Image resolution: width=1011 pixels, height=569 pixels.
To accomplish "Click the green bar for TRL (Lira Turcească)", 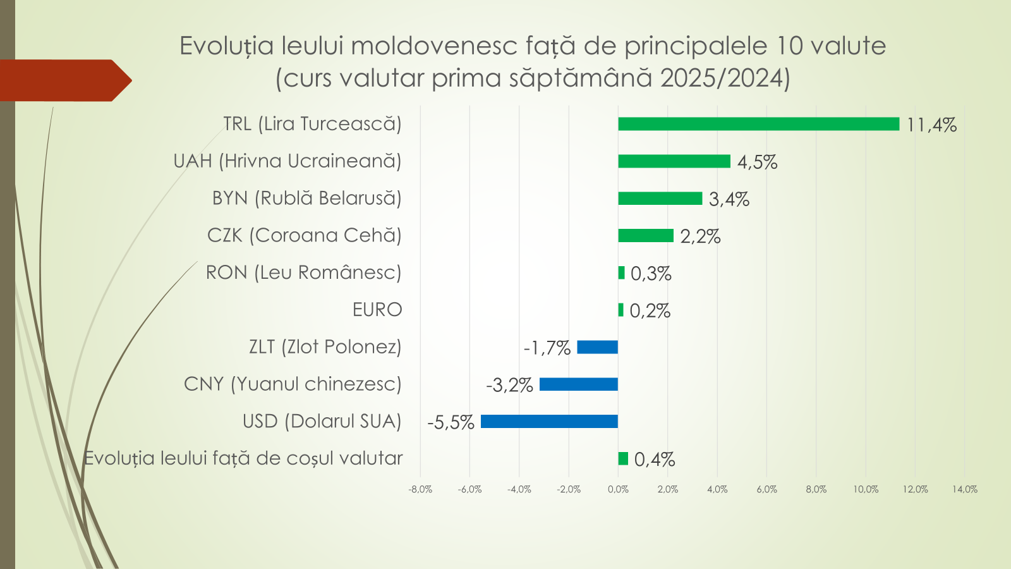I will point(758,124).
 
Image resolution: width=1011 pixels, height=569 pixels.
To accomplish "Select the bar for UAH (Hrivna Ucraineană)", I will point(674,161).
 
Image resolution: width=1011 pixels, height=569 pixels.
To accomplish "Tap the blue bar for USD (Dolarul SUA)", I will point(549,421).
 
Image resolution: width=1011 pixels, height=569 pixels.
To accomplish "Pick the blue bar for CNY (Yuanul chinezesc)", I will point(578,384).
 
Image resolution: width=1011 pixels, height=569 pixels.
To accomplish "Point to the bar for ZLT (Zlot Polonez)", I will point(597,347).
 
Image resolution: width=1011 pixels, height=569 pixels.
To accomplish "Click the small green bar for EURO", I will point(621,310).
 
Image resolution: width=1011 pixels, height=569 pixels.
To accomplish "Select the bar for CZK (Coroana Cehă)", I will point(645,235).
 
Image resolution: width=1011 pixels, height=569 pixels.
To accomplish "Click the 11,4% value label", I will point(931,125).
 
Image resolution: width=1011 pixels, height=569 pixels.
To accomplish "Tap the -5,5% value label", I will point(451,422).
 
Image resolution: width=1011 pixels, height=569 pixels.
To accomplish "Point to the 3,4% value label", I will point(729,199).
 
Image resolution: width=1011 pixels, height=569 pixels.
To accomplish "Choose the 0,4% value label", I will point(654,460).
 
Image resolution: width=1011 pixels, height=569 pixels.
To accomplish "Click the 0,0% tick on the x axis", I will point(618,489).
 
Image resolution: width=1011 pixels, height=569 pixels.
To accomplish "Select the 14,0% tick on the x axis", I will point(964,489).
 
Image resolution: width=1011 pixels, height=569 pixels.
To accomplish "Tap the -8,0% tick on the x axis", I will point(420,489).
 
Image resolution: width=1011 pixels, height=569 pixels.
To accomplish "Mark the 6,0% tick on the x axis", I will point(766,489).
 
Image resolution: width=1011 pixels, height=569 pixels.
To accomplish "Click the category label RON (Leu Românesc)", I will point(303,272).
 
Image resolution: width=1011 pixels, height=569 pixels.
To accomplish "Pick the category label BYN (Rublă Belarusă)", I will point(306,198).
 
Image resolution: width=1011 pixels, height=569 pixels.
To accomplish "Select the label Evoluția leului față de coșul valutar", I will point(243,458).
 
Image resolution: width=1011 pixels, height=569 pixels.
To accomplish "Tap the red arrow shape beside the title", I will point(63,80).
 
